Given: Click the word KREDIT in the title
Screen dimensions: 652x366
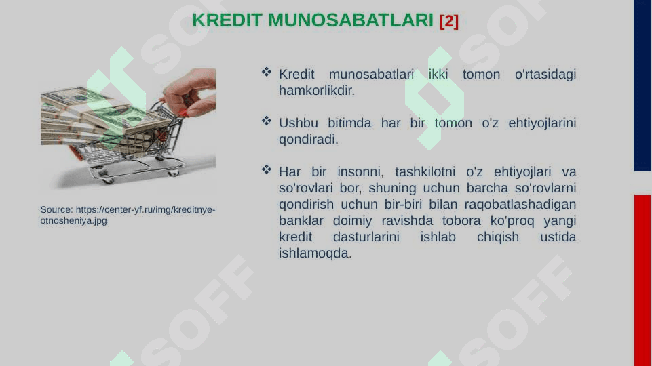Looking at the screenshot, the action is coord(227,20).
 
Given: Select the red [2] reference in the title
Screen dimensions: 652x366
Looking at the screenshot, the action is coord(449,21).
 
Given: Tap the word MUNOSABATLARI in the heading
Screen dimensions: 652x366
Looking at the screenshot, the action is coord(351,20).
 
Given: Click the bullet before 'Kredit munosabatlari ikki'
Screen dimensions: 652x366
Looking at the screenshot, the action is coord(267,73).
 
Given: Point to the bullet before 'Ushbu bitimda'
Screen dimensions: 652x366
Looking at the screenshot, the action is coord(267,121).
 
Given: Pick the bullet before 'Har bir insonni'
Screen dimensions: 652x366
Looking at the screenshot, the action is coord(267,169).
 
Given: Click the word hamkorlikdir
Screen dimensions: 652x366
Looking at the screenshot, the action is coord(317,90).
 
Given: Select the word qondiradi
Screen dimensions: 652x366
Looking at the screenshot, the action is coord(309,140).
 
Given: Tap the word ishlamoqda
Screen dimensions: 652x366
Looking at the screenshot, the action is coord(315,253).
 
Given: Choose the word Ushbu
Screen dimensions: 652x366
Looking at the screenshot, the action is coord(298,123).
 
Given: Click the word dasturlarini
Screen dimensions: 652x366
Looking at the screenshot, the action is coord(366,237).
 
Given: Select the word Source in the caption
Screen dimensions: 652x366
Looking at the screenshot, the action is coord(56,210).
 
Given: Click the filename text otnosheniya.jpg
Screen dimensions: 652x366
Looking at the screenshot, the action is coord(73,220).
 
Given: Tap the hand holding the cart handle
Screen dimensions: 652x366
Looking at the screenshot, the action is coord(191,92).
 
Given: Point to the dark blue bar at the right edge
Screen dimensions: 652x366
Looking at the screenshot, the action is coord(643,85).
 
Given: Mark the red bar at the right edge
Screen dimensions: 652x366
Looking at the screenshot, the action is coord(643,280).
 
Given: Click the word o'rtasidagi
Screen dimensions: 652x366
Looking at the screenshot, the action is coord(545,74).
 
